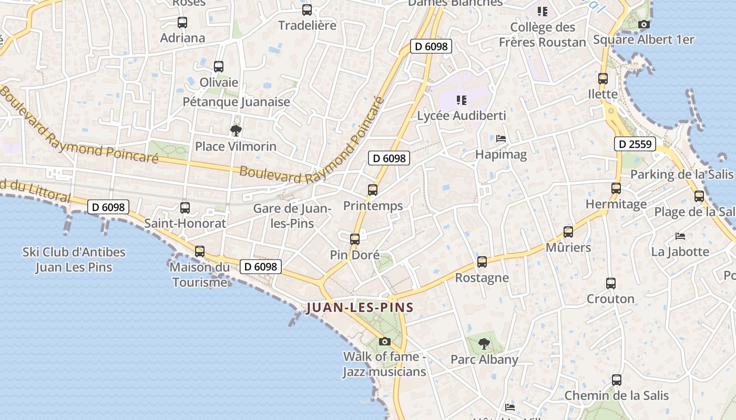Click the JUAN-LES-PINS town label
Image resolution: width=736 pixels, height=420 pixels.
(x=360, y=308)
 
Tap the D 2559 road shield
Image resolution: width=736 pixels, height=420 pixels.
(x=635, y=144)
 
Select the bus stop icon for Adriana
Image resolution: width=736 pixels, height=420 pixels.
(x=182, y=23)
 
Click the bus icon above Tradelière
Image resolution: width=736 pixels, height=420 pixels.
(x=307, y=9)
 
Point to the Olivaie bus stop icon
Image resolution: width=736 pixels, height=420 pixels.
(x=219, y=67)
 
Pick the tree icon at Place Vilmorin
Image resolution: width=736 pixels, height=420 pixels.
(x=236, y=130)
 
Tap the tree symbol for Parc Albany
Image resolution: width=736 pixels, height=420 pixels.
(x=484, y=344)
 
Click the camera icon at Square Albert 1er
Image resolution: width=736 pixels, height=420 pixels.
(x=643, y=24)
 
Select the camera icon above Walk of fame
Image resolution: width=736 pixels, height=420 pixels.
(x=385, y=342)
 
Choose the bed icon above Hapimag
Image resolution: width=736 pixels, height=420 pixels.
(x=501, y=139)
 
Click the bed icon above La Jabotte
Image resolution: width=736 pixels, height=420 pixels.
(x=680, y=236)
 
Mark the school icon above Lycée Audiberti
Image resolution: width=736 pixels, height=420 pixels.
(x=462, y=100)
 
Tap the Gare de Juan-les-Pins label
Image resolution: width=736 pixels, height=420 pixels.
(x=292, y=216)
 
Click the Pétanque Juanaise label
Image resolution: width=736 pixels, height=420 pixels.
(x=236, y=102)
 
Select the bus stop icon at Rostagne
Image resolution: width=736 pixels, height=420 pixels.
(x=482, y=262)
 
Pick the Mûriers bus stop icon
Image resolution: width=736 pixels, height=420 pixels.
(x=568, y=232)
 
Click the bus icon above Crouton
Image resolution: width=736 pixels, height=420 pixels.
(x=611, y=283)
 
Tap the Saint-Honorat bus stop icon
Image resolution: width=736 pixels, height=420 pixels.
(x=185, y=207)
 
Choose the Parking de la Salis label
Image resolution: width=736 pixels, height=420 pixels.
(x=682, y=174)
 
